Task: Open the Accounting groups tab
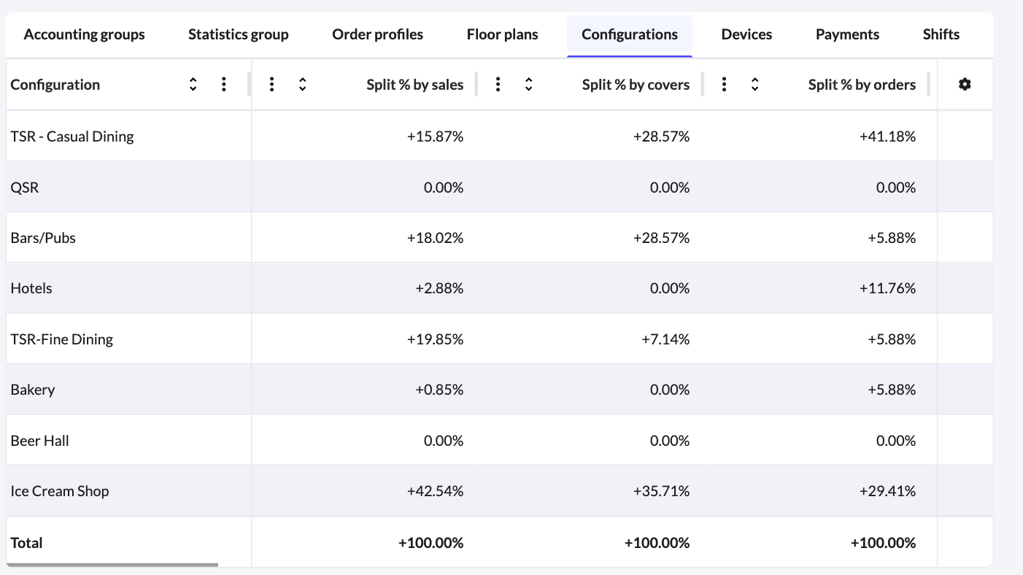point(84,34)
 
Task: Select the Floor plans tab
point(502,34)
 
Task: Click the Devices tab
point(746,34)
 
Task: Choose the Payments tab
point(847,34)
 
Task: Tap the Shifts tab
point(941,34)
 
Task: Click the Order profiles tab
point(377,34)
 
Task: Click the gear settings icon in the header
point(965,85)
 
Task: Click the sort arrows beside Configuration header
point(193,85)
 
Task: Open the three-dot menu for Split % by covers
point(498,85)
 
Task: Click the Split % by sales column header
point(414,85)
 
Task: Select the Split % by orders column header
point(861,85)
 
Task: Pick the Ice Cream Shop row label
point(60,491)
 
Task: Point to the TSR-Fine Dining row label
point(62,339)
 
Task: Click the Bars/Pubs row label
point(43,238)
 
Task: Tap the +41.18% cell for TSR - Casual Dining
point(887,136)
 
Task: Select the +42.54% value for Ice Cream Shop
point(435,491)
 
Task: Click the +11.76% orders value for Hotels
point(887,288)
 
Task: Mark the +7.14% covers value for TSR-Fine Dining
point(665,339)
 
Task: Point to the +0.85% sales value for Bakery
point(439,390)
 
